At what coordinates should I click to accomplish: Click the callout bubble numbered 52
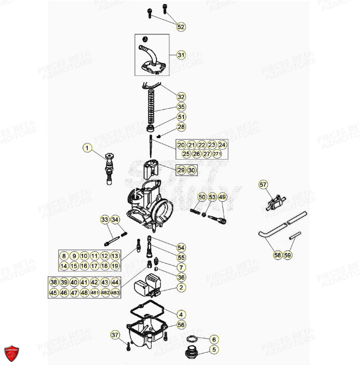180,27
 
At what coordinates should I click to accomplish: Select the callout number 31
180,55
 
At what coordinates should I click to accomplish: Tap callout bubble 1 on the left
87,148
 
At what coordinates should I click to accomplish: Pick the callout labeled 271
217,154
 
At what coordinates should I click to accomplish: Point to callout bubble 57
263,185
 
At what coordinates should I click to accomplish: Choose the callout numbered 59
288,255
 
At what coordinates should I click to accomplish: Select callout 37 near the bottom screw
115,334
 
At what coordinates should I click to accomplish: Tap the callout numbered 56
181,324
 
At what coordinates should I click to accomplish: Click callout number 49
222,197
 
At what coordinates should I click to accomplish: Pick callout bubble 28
181,127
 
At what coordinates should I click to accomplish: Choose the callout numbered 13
115,256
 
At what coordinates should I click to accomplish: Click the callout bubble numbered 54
181,247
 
